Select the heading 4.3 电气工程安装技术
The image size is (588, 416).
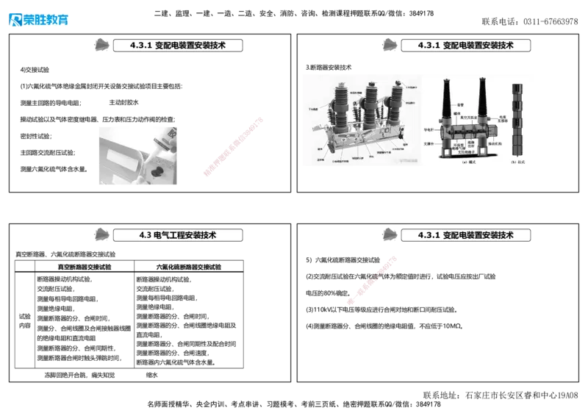coord(179,235)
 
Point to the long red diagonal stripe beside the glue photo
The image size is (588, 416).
coord(232,147)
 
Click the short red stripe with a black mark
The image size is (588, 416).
coord(374,280)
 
